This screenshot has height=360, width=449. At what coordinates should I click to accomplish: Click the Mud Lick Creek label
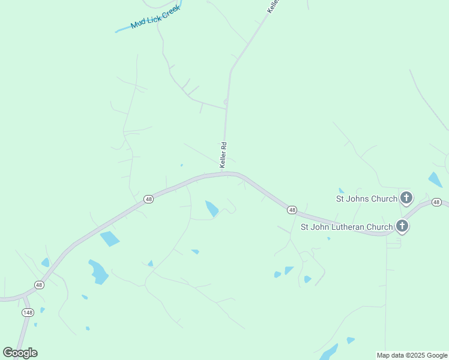(155, 18)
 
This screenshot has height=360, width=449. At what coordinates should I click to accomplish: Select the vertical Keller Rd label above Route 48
(223, 155)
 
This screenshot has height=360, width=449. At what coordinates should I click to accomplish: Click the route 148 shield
(28, 313)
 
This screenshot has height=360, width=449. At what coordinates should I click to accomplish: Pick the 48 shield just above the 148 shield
(39, 284)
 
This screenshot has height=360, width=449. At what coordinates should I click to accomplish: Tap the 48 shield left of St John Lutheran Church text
(292, 209)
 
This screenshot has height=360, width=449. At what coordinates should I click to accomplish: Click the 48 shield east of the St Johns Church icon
(436, 202)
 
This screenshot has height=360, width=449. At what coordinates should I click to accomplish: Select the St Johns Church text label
(366, 199)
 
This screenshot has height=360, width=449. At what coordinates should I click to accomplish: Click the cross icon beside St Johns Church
(406, 197)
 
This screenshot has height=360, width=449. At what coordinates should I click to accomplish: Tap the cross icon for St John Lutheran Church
(402, 226)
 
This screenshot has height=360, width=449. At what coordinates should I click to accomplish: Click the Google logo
(20, 352)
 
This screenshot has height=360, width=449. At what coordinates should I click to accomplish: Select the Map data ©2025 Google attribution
(412, 355)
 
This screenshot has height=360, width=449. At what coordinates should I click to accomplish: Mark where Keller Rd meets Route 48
(223, 173)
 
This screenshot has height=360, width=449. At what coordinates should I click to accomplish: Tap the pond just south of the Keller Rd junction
(212, 208)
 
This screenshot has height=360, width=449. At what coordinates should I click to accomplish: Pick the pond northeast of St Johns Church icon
(435, 179)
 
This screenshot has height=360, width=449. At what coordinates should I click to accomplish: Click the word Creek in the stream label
(170, 13)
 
